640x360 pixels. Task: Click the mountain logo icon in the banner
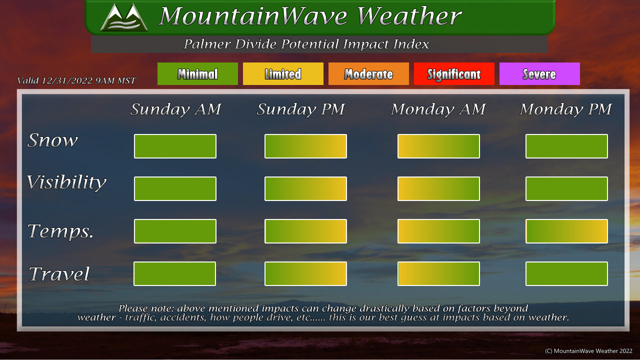click(124, 17)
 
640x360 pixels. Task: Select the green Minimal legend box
click(197, 73)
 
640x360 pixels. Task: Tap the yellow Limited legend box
click(283, 73)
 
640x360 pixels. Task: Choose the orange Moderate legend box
click(368, 73)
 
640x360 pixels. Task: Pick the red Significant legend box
click(454, 73)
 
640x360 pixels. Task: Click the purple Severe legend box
click(539, 73)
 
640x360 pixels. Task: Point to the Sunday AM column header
click(175, 109)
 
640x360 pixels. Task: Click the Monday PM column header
click(565, 109)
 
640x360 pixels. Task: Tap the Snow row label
click(52, 140)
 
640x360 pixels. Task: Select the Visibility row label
click(66, 182)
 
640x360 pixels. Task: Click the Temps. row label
click(60, 231)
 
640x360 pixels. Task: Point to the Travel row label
click(59, 273)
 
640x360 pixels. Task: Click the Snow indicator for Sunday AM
click(175, 146)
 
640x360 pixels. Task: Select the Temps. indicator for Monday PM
click(566, 231)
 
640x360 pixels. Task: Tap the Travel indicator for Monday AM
click(438, 273)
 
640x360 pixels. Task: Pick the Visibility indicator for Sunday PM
click(305, 188)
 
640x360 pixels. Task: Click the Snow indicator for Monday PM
click(566, 146)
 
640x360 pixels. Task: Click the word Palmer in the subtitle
click(207, 44)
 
